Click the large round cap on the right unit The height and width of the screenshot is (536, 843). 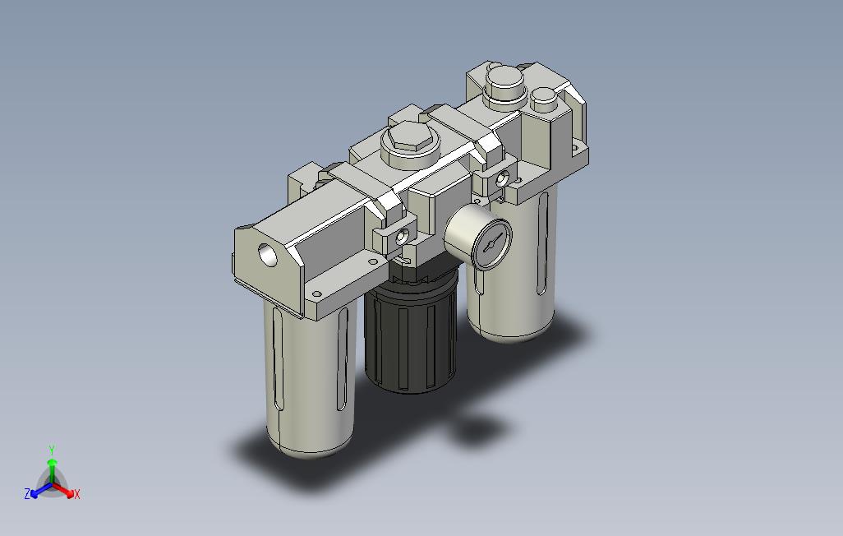[x=504, y=82]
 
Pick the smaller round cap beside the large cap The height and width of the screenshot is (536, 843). [x=543, y=99]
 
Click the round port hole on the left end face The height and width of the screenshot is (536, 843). [x=268, y=255]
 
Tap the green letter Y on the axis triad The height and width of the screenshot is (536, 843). [x=52, y=450]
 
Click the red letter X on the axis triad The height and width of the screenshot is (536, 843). [x=77, y=494]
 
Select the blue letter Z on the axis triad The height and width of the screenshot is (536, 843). [x=27, y=493]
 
